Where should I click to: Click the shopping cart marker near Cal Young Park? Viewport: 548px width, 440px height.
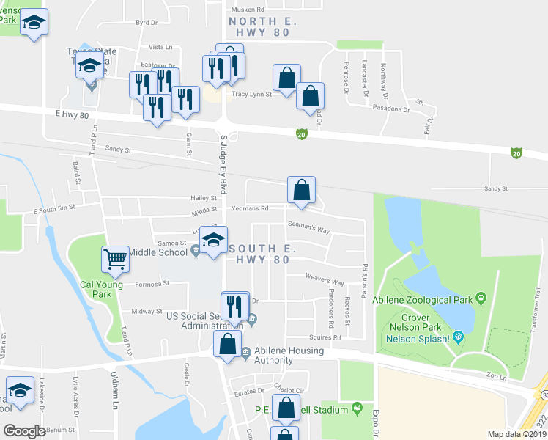[x=116, y=257]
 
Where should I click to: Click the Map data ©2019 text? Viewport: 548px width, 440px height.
[x=516, y=434]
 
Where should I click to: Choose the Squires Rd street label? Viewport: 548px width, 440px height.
[x=326, y=337]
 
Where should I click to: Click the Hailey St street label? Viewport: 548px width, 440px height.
[x=204, y=198]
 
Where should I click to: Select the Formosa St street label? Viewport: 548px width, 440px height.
[x=152, y=283]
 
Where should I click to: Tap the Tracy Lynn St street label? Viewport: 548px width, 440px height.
[x=251, y=94]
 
